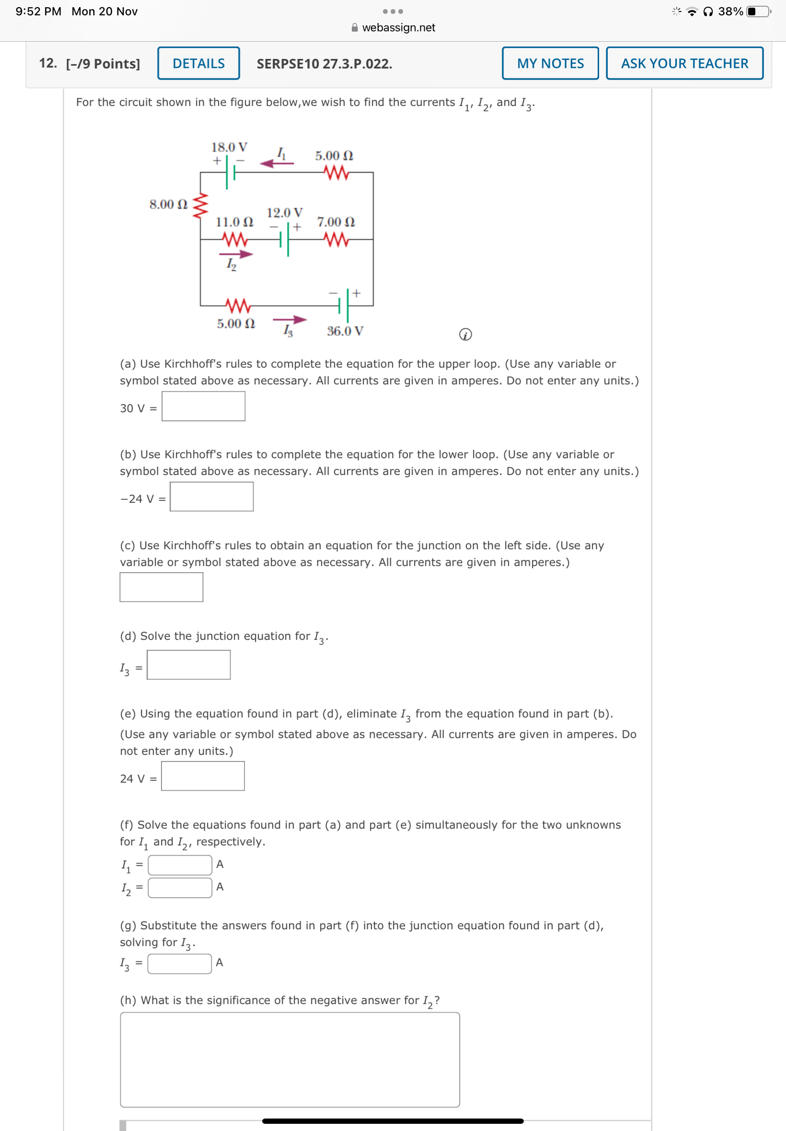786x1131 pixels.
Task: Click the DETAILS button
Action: click(x=198, y=63)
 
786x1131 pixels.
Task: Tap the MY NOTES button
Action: click(x=550, y=63)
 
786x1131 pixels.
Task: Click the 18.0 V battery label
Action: click(x=229, y=147)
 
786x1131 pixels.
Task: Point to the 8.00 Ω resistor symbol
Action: click(x=200, y=205)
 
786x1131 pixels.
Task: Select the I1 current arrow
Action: click(x=276, y=163)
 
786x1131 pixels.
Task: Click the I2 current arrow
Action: click(x=236, y=254)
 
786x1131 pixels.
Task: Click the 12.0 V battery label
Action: click(x=284, y=213)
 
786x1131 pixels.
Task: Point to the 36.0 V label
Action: click(x=345, y=331)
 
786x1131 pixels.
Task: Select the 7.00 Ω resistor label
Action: click(x=335, y=221)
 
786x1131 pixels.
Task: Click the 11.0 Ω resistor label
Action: click(x=234, y=221)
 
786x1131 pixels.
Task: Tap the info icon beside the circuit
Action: click(x=465, y=335)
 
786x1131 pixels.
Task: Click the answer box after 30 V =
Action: click(x=203, y=406)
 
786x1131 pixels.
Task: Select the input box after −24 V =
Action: click(x=211, y=496)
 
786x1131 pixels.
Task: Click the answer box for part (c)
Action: click(x=161, y=587)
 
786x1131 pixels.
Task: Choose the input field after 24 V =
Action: click(x=202, y=776)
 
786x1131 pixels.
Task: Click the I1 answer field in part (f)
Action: click(x=180, y=865)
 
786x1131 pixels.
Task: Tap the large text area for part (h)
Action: click(x=289, y=1060)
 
